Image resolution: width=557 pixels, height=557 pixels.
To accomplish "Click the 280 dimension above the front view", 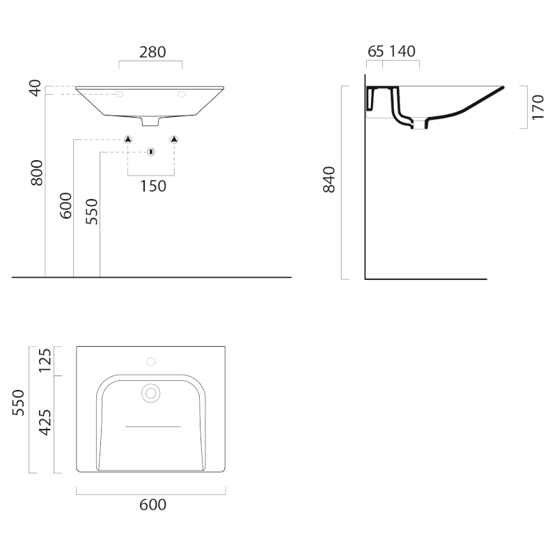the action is (152, 52).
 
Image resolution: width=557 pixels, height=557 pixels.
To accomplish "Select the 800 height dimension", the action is (37, 173).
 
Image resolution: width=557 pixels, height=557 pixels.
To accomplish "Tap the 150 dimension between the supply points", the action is (153, 186).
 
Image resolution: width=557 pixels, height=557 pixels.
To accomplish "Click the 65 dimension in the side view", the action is (375, 52).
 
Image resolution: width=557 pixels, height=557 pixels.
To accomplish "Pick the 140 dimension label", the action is (402, 52).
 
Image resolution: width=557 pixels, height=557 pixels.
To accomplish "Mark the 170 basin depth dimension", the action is (538, 107).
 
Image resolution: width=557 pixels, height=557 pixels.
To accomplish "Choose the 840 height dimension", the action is (329, 180).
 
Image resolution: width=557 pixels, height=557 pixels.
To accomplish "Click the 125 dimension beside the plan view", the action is (45, 361).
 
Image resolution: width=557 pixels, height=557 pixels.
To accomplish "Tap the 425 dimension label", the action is (45, 423).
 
